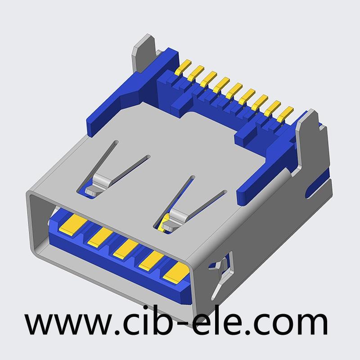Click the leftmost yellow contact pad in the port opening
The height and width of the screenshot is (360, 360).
[73, 225]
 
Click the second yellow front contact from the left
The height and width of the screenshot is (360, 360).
[100, 237]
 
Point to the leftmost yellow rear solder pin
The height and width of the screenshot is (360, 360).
[183, 67]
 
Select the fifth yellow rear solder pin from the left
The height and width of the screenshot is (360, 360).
[234, 90]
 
